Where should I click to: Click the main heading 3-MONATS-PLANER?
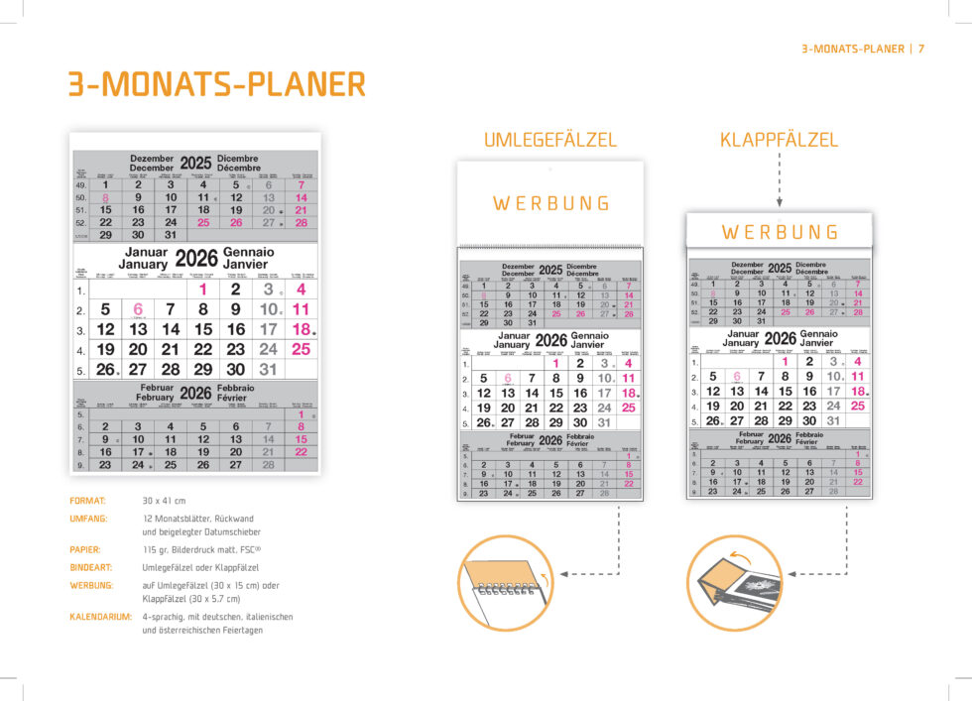click(216, 84)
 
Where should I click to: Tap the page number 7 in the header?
click(921, 49)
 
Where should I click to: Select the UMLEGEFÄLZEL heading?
click(549, 141)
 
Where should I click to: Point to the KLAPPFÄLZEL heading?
click(779, 141)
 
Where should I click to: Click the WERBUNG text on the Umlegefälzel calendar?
click(551, 204)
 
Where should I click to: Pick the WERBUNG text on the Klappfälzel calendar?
click(780, 232)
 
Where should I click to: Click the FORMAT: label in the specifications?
click(87, 501)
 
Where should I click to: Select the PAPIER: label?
click(85, 548)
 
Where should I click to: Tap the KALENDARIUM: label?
click(100, 617)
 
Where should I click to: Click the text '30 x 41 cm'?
click(164, 501)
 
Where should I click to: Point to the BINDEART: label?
click(92, 567)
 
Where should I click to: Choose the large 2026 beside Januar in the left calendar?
click(195, 259)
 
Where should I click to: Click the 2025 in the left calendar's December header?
click(195, 163)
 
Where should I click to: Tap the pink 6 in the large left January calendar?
click(138, 309)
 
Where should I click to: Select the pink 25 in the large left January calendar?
click(301, 349)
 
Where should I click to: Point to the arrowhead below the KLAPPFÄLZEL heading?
click(779, 203)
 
